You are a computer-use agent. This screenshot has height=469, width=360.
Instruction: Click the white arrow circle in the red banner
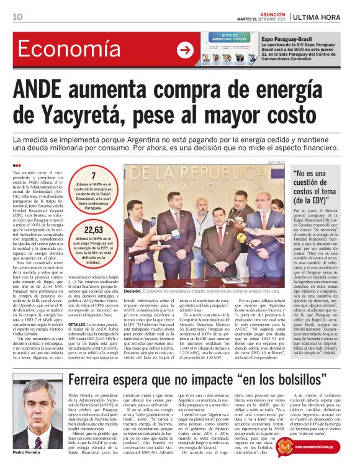184,50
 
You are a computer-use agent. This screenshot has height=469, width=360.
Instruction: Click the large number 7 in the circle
93,176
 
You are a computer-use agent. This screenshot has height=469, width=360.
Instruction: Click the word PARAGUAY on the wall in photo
204,188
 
